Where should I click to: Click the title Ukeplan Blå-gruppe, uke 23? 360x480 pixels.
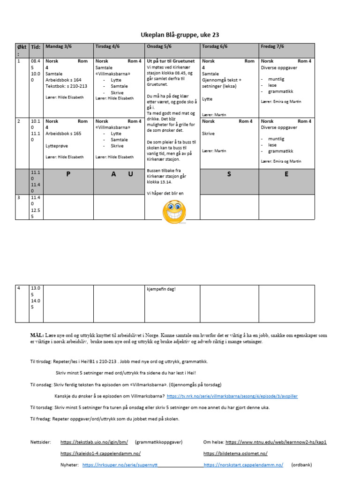point(180,35)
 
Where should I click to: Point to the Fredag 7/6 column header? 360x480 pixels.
point(272,46)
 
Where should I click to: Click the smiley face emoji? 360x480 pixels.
point(174,211)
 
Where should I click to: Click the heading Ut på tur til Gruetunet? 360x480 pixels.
point(171,61)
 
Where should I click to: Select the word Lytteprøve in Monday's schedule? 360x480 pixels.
point(57,146)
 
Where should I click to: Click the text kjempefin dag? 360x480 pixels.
point(161,289)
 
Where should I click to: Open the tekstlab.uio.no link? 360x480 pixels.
point(94,442)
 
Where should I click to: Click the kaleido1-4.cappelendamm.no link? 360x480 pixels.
point(100,454)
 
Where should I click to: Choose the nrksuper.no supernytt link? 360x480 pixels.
point(120,465)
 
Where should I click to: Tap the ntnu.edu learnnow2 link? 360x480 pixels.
point(276,442)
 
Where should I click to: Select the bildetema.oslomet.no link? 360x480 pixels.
point(235,454)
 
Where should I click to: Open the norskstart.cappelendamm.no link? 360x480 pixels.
point(243,465)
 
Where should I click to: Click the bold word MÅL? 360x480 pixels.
point(37,336)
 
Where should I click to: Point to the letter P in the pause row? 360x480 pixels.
point(68,174)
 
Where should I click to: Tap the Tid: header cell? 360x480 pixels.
point(36,47)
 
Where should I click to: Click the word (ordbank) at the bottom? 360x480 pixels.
point(301,465)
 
